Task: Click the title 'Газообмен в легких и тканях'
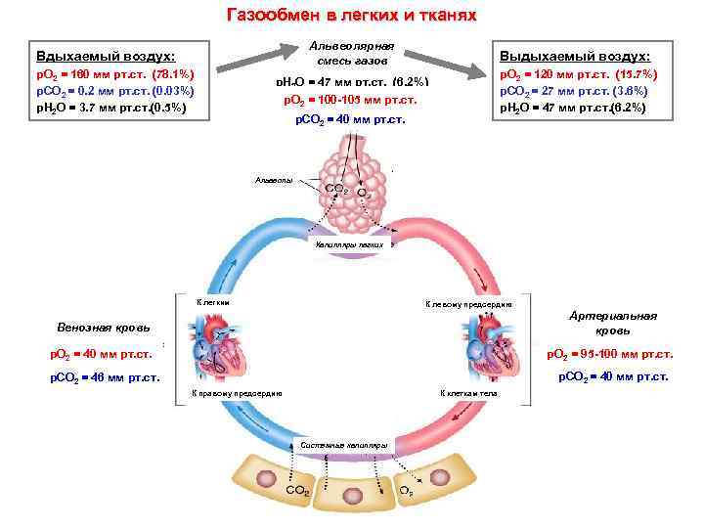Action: coord(351,16)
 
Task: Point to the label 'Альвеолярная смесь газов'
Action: coord(351,54)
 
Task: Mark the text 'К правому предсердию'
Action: coord(238,393)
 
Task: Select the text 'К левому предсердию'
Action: coord(467,304)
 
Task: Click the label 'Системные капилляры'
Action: coord(350,446)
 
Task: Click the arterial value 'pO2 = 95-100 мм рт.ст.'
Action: coord(608,353)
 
